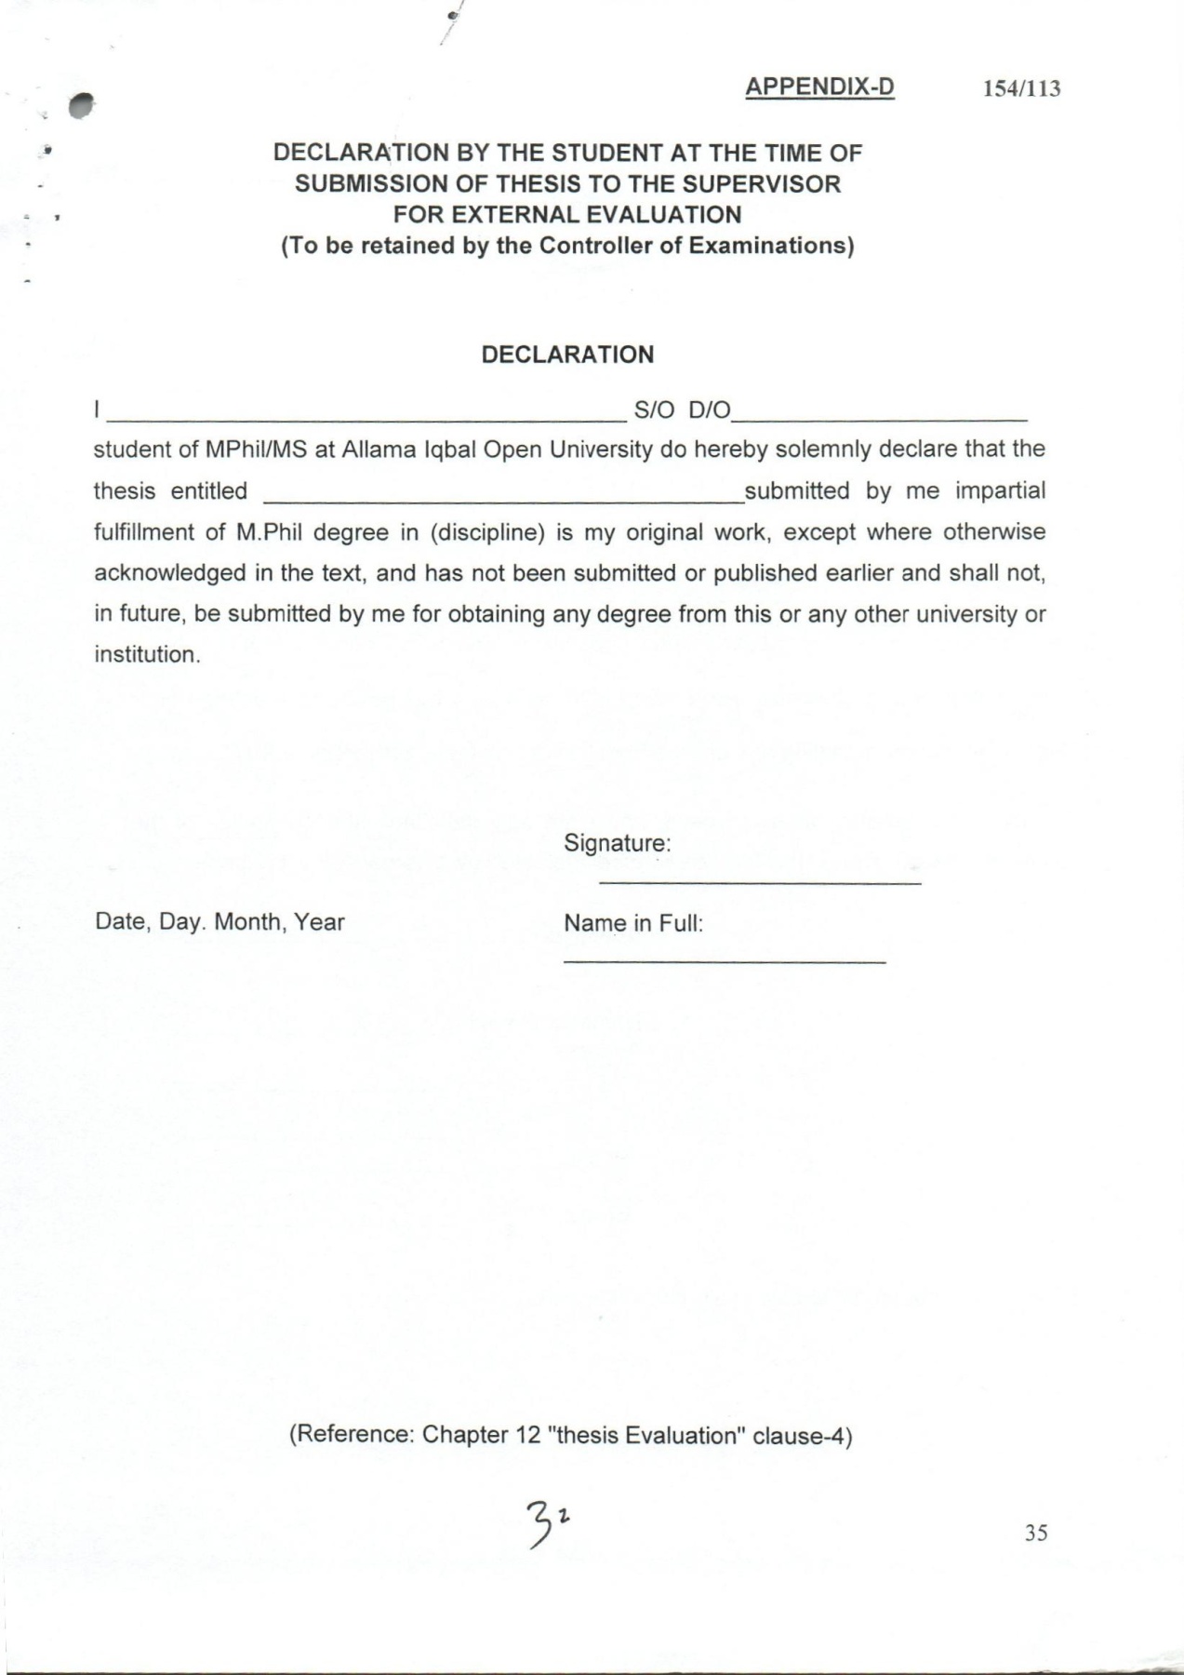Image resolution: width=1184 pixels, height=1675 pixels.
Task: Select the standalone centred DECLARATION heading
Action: point(567,355)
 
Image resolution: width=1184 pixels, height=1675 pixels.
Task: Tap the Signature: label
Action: point(617,844)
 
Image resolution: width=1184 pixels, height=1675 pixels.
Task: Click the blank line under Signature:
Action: point(760,881)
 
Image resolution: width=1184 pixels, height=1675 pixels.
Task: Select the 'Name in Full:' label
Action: point(633,924)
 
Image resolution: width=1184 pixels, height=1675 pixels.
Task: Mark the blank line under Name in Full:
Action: point(725,960)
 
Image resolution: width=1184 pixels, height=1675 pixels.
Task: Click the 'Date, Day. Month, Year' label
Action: point(220,922)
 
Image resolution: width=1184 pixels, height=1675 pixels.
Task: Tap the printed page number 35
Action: point(1036,1533)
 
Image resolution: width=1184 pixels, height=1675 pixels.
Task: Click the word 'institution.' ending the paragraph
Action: point(147,654)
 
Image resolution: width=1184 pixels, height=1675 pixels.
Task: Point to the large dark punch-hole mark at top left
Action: point(82,106)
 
